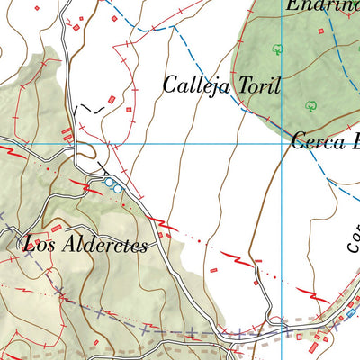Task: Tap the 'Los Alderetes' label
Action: point(85,244)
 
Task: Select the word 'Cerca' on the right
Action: point(315,141)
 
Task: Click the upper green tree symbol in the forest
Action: point(278,49)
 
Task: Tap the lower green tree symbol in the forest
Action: point(311,104)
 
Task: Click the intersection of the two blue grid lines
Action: point(282,143)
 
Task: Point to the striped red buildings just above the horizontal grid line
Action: point(67,135)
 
